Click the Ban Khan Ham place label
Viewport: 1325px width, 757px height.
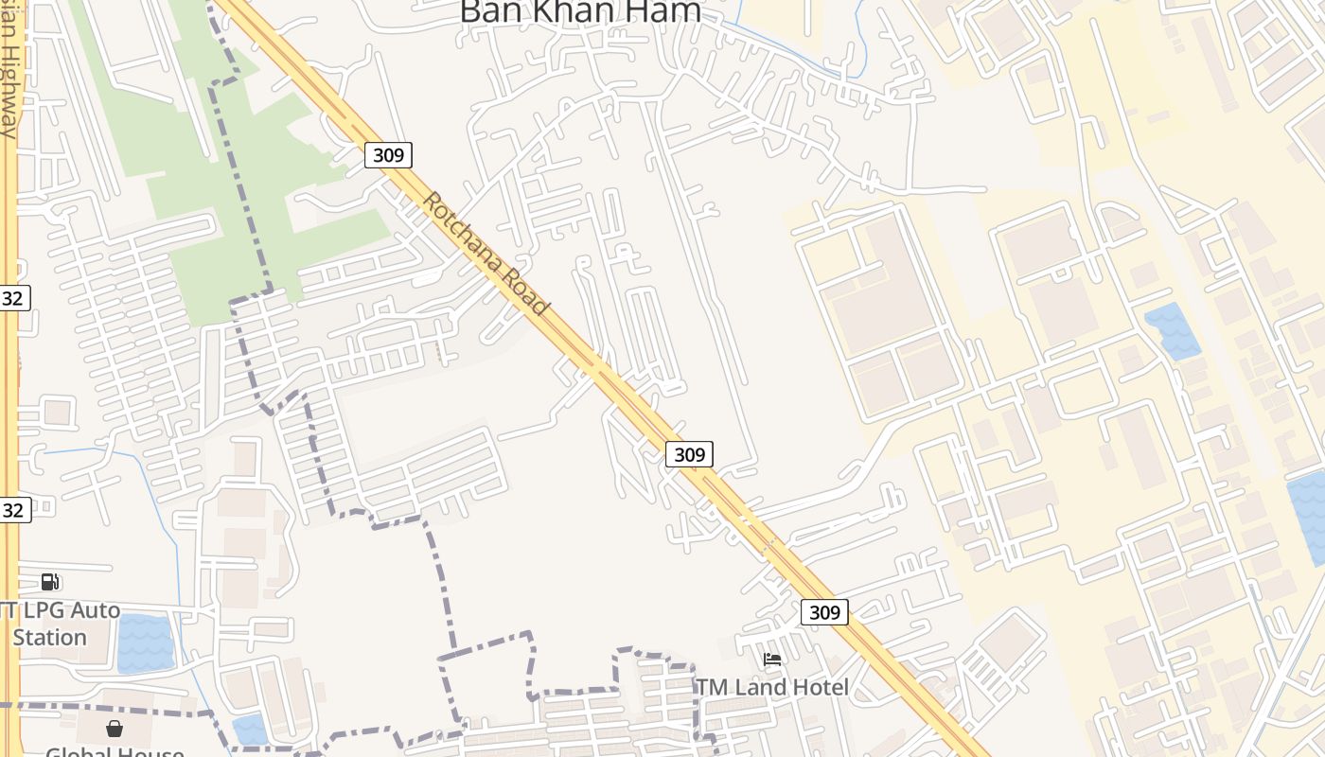(580, 11)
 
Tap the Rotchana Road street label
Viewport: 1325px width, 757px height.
(486, 254)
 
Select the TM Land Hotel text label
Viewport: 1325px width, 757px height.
(772, 687)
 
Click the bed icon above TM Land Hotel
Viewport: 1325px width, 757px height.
(772, 660)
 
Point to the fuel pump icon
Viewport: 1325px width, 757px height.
(50, 581)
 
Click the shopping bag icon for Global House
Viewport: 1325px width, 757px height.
(115, 729)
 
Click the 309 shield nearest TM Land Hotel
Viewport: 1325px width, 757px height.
(824, 612)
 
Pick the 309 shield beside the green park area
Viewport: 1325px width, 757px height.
(388, 155)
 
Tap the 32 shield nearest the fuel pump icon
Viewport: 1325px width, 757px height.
(13, 510)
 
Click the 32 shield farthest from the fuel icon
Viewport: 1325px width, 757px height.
(13, 298)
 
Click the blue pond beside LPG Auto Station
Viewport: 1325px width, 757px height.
(146, 643)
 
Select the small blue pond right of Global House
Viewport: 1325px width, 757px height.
(250, 729)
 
